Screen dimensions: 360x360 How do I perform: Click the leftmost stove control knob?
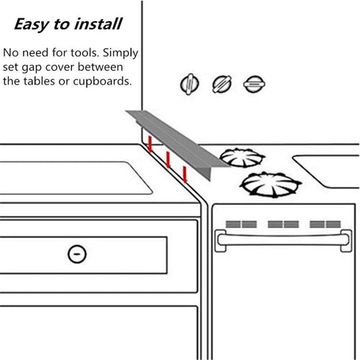pos(190,84)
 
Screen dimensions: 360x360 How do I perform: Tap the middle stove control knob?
pos(220,84)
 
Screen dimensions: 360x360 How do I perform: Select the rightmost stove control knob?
pos(252,84)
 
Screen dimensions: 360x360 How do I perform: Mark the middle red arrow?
pos(168,159)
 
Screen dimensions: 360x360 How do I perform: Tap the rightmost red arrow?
pos(184,173)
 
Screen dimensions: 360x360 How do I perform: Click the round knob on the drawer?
pos(75,254)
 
